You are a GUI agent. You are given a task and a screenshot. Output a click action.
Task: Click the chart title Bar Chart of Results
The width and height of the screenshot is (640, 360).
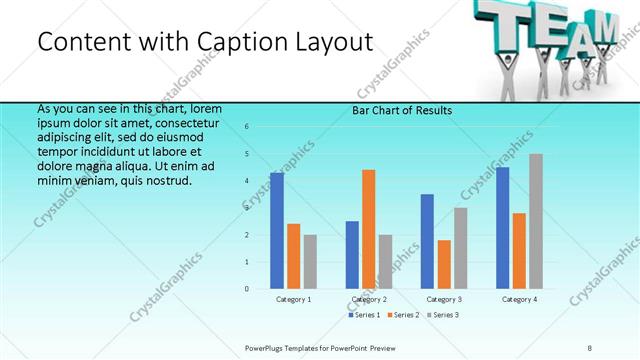(x=401, y=110)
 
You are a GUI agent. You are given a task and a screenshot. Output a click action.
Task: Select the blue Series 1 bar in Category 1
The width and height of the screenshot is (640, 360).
(x=277, y=231)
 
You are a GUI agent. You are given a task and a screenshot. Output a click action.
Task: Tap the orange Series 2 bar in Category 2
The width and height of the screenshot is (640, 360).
(x=368, y=229)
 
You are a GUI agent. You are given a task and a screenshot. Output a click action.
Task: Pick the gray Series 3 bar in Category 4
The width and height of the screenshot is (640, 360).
(x=536, y=221)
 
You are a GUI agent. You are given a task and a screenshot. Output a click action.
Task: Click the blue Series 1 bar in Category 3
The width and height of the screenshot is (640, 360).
(x=427, y=241)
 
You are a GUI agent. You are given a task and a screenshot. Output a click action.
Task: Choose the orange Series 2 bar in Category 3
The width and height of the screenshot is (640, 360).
(x=444, y=264)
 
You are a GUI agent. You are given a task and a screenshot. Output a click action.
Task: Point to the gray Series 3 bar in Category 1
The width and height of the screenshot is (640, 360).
(x=310, y=262)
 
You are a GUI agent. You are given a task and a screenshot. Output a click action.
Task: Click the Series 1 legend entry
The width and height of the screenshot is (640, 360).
(x=364, y=315)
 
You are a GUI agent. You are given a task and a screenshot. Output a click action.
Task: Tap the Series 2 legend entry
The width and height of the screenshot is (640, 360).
(x=402, y=315)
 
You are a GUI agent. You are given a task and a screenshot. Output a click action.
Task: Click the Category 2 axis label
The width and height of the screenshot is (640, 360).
(x=369, y=299)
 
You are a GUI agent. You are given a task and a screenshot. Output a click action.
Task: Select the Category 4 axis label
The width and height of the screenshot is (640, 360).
(x=519, y=299)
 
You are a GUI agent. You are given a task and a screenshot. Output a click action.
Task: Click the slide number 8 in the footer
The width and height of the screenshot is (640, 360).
(x=589, y=347)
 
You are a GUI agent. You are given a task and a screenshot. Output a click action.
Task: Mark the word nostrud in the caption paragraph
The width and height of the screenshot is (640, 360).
(x=166, y=181)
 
